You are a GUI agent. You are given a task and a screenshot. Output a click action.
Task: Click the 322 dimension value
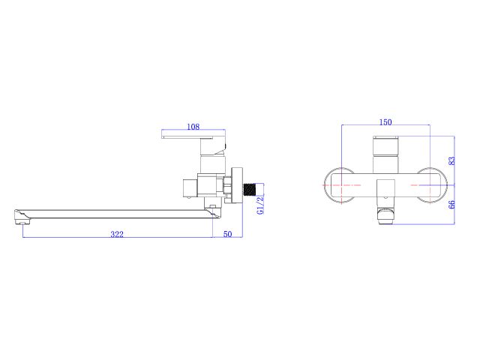(x=117, y=234)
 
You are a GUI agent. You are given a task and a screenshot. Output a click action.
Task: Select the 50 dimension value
(x=227, y=234)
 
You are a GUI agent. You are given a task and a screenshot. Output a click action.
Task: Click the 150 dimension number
(x=385, y=121)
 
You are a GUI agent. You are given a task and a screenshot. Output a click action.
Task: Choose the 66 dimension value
(x=451, y=205)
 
